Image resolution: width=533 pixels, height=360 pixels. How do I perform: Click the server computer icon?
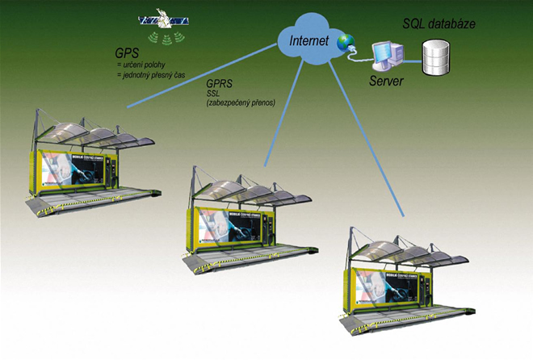(383, 56)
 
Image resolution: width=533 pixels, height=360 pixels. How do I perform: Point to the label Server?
(386, 82)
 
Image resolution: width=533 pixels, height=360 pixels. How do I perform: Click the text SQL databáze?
(438, 24)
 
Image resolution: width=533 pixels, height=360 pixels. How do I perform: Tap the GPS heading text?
(128, 53)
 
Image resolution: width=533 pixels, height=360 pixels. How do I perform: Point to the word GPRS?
(220, 83)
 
